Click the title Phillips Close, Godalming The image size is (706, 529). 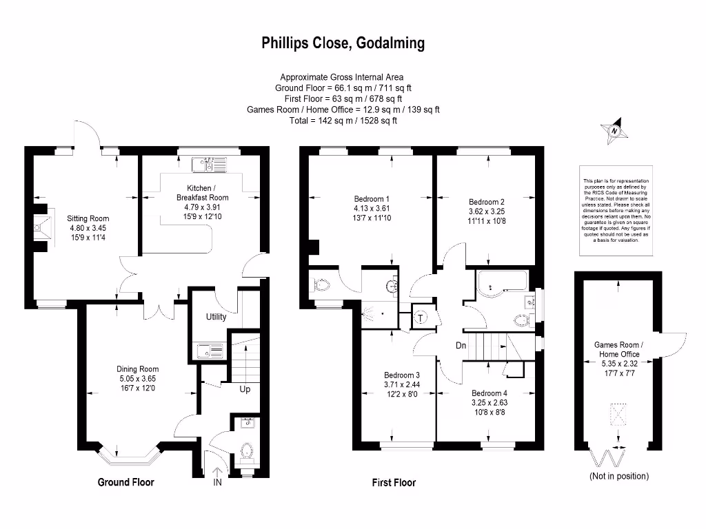pyautogui.click(x=343, y=44)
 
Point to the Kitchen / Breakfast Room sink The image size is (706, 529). pyautogui.click(x=210, y=165)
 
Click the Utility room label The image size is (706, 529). pyautogui.click(x=216, y=317)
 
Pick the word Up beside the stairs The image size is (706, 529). pyautogui.click(x=245, y=389)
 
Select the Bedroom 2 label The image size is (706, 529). pyautogui.click(x=487, y=202)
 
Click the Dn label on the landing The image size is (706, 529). pyautogui.click(x=463, y=345)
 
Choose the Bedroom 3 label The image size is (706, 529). pyautogui.click(x=401, y=375)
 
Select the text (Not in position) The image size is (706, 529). pyautogui.click(x=618, y=476)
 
